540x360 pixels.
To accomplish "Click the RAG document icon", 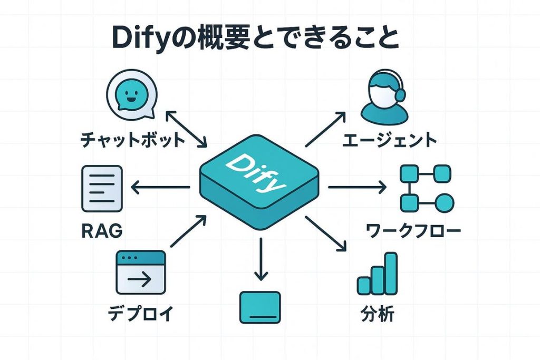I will pos(102,188).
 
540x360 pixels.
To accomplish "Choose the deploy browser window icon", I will pos(140,272).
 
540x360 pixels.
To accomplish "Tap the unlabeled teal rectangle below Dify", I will pos(260,307).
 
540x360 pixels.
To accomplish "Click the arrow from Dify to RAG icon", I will pos(160,187).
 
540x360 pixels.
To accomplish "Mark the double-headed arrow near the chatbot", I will pos(186,128).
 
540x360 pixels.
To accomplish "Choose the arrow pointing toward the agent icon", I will pos(325,129).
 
